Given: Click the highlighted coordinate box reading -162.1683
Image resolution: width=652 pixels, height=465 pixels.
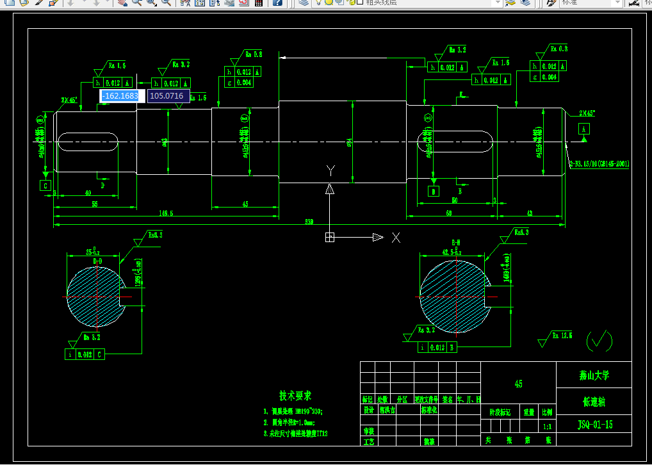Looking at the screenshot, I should coord(120,96).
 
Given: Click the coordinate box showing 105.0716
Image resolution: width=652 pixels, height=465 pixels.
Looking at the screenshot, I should coord(167,96).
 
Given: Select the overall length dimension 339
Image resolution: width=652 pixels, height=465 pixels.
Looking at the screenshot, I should coord(309,222).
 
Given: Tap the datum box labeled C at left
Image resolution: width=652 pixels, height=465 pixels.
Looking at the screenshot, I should coord(45,186).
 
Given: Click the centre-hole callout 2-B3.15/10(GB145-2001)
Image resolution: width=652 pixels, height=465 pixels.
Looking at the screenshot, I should coord(599,164).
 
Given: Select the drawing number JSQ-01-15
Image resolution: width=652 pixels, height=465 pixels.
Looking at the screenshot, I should coord(595,424).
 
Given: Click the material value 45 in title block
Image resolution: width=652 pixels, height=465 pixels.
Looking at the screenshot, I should coord(518,384).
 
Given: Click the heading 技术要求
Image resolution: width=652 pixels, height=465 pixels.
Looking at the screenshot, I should coord(295,396).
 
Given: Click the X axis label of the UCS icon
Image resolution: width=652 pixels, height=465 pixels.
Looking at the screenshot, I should coord(396,238).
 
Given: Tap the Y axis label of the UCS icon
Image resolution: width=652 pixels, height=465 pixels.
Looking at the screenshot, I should coord(330,170).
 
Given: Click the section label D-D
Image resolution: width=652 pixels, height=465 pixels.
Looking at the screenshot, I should coord(97,261).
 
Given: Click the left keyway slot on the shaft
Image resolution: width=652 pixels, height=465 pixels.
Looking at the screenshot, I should coord(88,142).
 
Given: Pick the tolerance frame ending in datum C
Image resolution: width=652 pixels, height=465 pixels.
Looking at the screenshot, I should coord(85,354).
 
